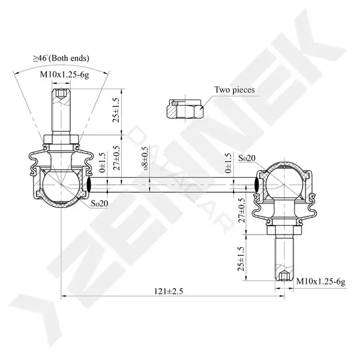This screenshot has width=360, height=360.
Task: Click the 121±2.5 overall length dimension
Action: [x=169, y=292]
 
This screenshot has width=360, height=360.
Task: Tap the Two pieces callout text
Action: [x=235, y=89]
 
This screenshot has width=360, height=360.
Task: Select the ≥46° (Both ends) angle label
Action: [x=61, y=58]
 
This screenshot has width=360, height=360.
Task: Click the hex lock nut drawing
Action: [x=185, y=109]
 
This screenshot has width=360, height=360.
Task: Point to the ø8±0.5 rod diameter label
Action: [x=146, y=158]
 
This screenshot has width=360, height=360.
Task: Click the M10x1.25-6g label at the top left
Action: [x=65, y=74]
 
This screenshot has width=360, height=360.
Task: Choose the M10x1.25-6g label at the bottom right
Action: [x=321, y=281]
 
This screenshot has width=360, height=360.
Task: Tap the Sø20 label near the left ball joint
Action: [x=99, y=203]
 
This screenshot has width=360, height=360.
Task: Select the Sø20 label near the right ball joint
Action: [x=247, y=158]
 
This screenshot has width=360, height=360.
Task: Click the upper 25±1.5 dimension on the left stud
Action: [x=116, y=110]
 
